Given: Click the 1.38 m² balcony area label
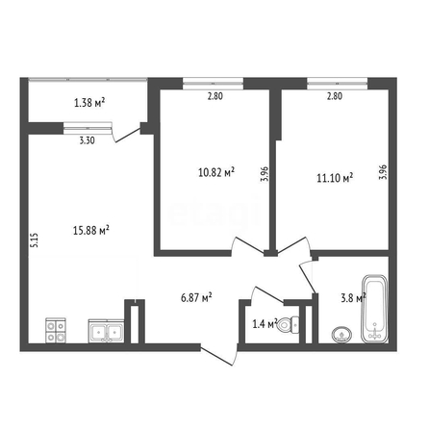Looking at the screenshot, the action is coord(89,103).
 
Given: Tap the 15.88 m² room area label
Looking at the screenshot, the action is coord(91,230).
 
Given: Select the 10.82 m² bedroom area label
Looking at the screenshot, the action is coord(216,172).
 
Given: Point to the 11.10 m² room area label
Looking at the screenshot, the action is coord(335,178).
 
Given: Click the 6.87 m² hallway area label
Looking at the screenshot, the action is coord(196,298).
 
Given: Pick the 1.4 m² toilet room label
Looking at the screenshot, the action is coord(265,324).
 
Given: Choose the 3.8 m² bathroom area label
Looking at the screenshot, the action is coord(353,298).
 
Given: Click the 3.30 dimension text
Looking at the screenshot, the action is coord(88,140).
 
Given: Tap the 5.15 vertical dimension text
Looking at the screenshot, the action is coord(35,240).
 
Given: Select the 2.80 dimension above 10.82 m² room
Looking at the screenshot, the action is coord(214,96).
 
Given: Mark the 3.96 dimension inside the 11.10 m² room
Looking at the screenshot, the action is coord(383,172).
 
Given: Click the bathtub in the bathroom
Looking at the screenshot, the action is coord(375,309).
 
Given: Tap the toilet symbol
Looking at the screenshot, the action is coord(288,325).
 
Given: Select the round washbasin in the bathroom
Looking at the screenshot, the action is coord(341,335).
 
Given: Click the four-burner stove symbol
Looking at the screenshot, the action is coord(56,330).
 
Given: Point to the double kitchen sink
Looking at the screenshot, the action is coord(106,331).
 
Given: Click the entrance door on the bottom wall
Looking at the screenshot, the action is coord(219,355).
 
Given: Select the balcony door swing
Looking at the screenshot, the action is coord(127,134).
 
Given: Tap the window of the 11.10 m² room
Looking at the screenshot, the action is coord(337,84).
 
